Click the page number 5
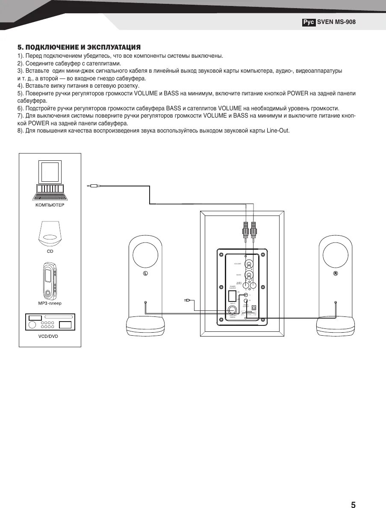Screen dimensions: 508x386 tap(353, 493)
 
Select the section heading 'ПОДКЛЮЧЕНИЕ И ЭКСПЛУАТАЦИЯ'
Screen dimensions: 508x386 tap(83, 47)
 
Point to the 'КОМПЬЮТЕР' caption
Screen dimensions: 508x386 tap(50, 206)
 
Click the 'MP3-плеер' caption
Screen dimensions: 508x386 tap(50, 304)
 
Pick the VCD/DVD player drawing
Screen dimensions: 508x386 tap(50, 322)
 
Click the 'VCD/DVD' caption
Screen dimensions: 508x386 tap(50, 336)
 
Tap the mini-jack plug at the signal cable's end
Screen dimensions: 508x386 tap(93, 186)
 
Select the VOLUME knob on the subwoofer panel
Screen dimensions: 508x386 tap(250, 265)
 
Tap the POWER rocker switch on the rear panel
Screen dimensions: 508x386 tap(232, 295)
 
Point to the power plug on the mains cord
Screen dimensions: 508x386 tap(187, 300)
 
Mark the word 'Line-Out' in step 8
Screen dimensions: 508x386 tap(278, 130)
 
